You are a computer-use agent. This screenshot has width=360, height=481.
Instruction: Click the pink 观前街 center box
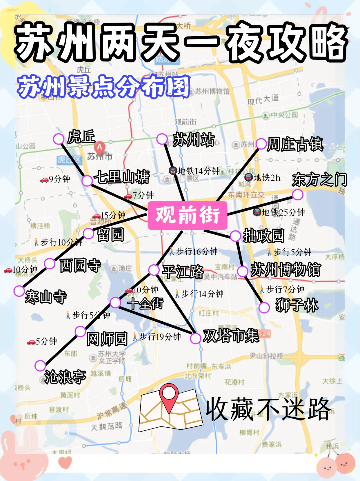pyautogui.click(x=187, y=215)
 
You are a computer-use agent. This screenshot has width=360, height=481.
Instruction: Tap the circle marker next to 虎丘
pyautogui.click(x=59, y=139)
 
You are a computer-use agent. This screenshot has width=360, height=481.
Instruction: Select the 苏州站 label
pyautogui.click(x=194, y=140)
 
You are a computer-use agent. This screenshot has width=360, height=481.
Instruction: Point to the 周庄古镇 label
pyautogui.click(x=295, y=144)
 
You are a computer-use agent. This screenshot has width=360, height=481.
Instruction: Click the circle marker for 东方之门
pyautogui.click(x=297, y=194)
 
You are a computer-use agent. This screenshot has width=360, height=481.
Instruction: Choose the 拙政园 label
pyautogui.click(x=263, y=236)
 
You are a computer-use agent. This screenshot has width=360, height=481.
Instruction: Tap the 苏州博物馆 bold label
pyautogui.click(x=286, y=270)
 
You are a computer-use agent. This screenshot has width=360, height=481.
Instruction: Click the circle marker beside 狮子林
pyautogui.click(x=264, y=307)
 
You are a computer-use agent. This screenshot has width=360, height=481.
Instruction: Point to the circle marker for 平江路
pyautogui.click(x=154, y=270)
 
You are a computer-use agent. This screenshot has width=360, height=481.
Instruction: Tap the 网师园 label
pyautogui.click(x=107, y=339)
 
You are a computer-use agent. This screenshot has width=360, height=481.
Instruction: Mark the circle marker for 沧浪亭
pyautogui.click(x=40, y=365)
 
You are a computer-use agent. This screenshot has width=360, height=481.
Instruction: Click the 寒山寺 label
pyautogui.click(x=46, y=297)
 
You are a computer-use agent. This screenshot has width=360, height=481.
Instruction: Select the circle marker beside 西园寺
pyautogui.click(x=50, y=264)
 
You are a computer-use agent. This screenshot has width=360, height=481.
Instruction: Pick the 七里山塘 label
pyautogui.click(x=122, y=177)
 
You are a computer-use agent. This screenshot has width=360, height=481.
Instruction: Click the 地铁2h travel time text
pyautogui.click(x=267, y=178)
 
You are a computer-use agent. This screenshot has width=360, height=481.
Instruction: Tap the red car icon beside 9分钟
pyautogui.click(x=44, y=180)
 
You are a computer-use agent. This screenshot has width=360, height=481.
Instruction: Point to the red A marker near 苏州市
pyautogui.click(x=99, y=147)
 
